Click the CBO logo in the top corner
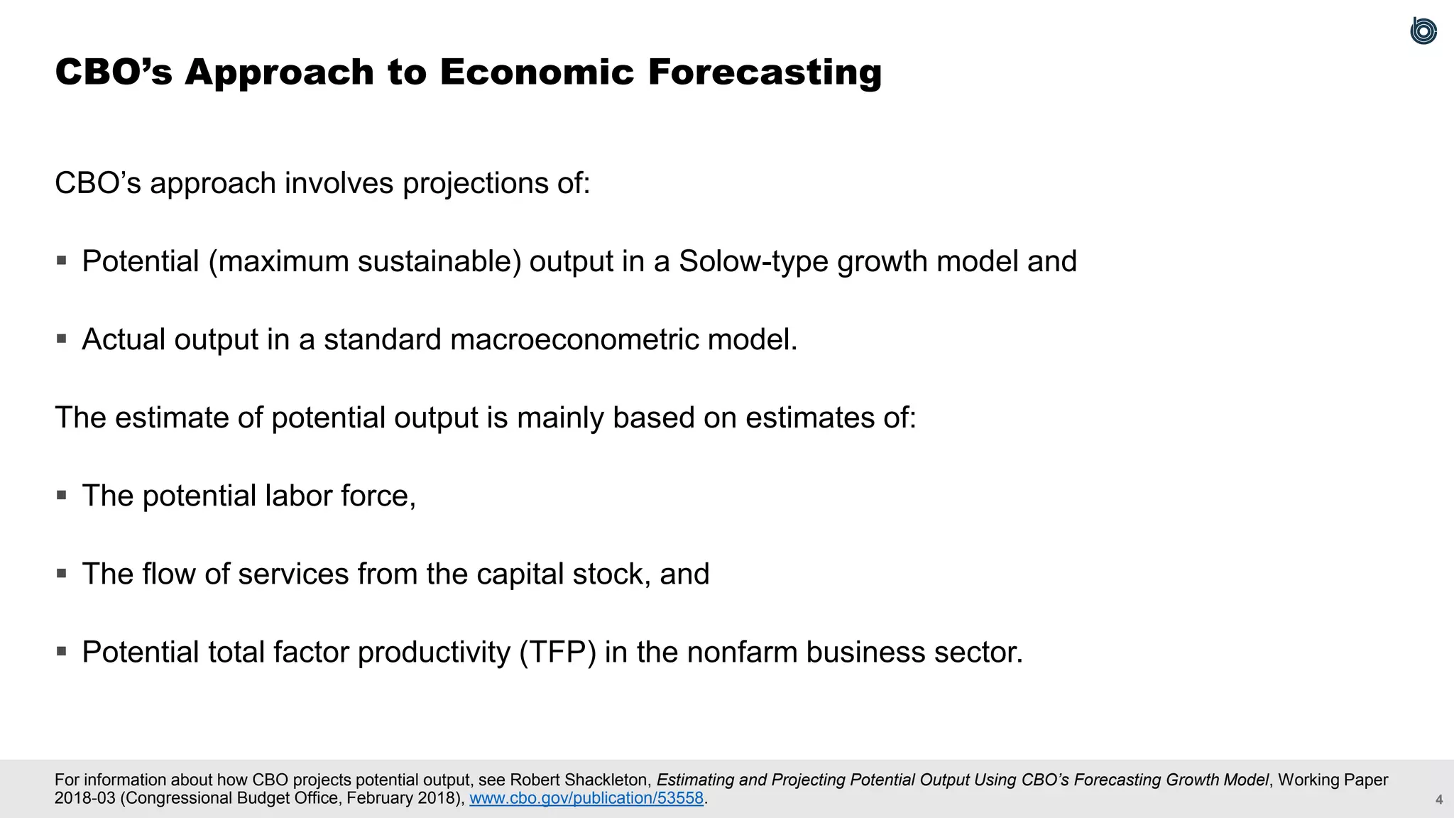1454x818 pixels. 1423,31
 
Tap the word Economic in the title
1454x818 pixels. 536,72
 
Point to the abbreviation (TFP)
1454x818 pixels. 557,652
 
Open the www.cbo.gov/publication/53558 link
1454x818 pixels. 586,798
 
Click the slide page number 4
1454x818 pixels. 1439,800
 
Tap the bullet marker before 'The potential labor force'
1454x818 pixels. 62,495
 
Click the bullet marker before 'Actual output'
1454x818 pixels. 62,339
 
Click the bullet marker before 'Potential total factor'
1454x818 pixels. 62,651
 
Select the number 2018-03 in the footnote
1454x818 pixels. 84,798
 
